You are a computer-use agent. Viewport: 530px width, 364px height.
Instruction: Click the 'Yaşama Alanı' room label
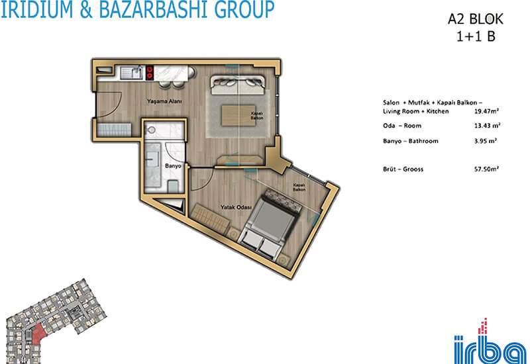click(x=164, y=101)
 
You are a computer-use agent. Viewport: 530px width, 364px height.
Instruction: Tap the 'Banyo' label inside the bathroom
click(x=173, y=166)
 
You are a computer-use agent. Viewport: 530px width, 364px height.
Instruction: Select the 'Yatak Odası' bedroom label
click(x=237, y=207)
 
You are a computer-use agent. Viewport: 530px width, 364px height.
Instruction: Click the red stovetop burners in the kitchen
click(x=150, y=73)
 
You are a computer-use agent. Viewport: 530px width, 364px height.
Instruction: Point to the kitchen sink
click(x=131, y=73)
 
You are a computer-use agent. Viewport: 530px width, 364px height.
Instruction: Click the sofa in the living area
click(x=238, y=85)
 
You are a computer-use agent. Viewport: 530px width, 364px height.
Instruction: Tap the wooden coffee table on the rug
click(x=238, y=115)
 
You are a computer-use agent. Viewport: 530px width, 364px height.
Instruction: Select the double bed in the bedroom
click(x=270, y=224)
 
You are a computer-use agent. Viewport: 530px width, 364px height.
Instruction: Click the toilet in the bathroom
click(x=173, y=186)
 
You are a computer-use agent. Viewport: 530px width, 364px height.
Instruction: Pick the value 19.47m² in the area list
click(x=487, y=111)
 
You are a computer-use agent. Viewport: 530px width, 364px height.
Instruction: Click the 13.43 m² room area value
click(x=487, y=126)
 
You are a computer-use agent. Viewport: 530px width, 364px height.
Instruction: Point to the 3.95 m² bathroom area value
click(x=486, y=141)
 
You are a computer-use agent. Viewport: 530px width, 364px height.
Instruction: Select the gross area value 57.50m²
click(x=487, y=169)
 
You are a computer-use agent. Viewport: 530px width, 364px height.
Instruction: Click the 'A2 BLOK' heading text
click(x=476, y=19)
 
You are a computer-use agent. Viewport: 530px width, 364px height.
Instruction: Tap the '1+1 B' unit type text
click(x=476, y=36)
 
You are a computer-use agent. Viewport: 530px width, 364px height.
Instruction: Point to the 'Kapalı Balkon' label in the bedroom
click(x=299, y=187)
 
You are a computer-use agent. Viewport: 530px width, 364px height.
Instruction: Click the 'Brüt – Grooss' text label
click(x=403, y=169)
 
